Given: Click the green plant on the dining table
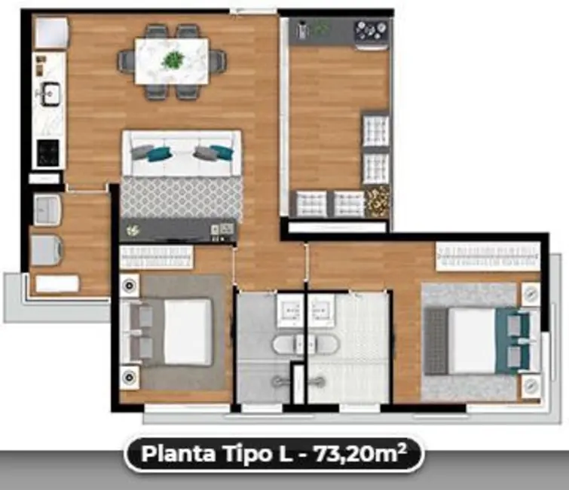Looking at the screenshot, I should (x=173, y=60).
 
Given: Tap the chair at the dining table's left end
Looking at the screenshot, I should (x=125, y=60).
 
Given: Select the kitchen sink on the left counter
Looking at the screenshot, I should (x=50, y=93).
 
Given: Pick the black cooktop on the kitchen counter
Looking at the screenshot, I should (x=47, y=153).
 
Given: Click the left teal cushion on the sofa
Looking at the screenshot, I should (x=157, y=154).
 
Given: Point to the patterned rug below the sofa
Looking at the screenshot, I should (x=182, y=198).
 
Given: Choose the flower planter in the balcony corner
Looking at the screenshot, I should (x=378, y=201).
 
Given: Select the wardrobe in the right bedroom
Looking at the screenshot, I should (x=488, y=256).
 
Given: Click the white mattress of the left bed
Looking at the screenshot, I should (x=187, y=332).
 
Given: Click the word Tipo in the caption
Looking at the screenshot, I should (x=252, y=455).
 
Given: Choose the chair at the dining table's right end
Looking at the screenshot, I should (x=218, y=60).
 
